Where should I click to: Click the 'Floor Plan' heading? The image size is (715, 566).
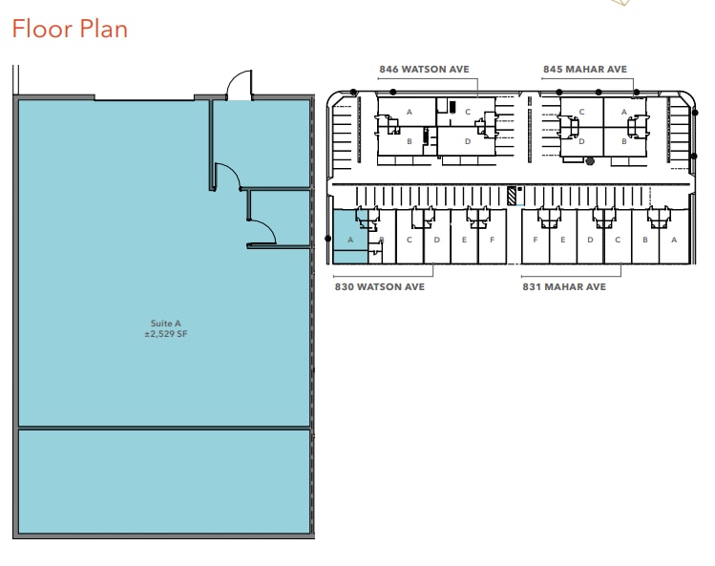pyautogui.click(x=69, y=29)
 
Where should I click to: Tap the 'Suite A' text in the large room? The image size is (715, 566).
pyautogui.click(x=164, y=323)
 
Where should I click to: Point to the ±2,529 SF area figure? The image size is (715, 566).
pyautogui.click(x=164, y=334)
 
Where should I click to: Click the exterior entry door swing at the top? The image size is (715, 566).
pyautogui.click(x=238, y=85)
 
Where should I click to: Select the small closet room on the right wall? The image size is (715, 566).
pyautogui.click(x=279, y=217)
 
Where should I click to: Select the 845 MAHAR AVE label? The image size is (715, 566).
pyautogui.click(x=584, y=70)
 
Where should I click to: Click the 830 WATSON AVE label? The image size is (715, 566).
pyautogui.click(x=379, y=285)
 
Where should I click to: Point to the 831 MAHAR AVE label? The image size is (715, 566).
pyautogui.click(x=563, y=285)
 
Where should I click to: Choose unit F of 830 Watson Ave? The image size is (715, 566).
pyautogui.click(x=492, y=240)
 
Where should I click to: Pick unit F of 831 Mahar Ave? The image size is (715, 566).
pyautogui.click(x=536, y=240)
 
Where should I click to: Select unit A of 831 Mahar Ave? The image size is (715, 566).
pyautogui.click(x=673, y=240)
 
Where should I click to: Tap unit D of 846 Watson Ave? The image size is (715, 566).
pyautogui.click(x=467, y=141)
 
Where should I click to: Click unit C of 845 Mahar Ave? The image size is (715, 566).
pyautogui.click(x=581, y=112)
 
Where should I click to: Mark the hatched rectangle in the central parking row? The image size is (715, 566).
pyautogui.click(x=512, y=196)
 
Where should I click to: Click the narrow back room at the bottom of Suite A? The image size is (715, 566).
pyautogui.click(x=164, y=481)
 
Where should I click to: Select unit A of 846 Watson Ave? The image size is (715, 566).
pyautogui.click(x=409, y=112)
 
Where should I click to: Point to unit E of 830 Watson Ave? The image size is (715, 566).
pyautogui.click(x=464, y=240)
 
